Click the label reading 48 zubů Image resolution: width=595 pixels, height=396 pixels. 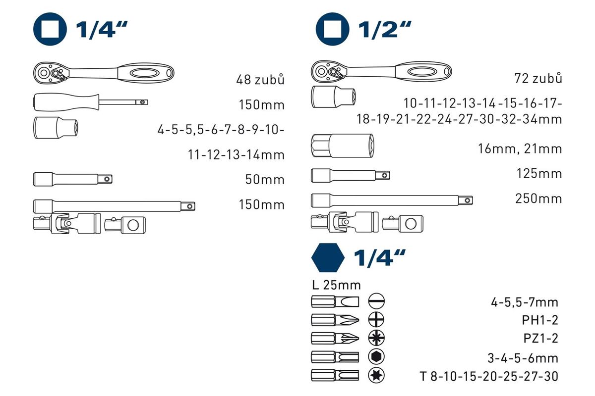coord(260,79)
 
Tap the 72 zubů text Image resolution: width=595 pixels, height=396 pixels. coord(538,78)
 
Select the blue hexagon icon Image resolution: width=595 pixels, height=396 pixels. coord(328,257)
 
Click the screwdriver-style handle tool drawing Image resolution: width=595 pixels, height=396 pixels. coord(91,102)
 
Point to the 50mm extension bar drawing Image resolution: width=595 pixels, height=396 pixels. coord(73,179)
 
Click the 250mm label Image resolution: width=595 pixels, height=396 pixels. coord(538,198)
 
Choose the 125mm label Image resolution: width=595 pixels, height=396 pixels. coord(539,173)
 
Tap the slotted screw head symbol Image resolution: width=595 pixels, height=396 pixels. coord(376,301)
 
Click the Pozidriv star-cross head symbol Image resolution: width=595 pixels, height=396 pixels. coord(376,338)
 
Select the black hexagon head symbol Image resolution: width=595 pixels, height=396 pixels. coord(376,357)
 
